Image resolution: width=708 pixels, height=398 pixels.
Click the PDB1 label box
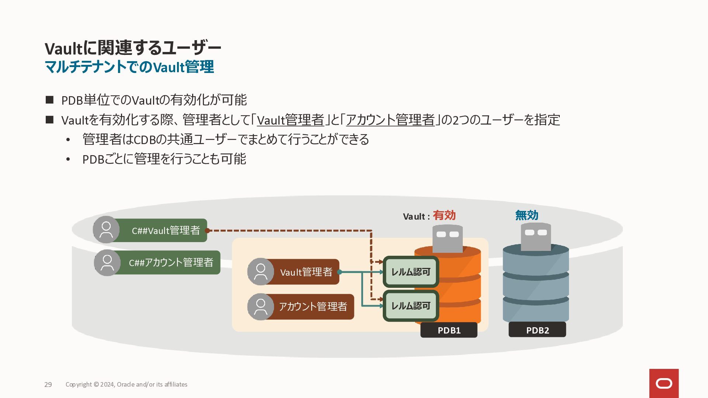(449, 330)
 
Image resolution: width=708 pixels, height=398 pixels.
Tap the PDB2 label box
(537, 329)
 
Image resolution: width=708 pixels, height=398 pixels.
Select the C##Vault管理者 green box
(162, 230)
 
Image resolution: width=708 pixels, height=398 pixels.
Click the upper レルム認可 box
(411, 272)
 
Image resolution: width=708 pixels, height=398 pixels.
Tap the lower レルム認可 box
(411, 306)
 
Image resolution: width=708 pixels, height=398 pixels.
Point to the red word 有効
(444, 215)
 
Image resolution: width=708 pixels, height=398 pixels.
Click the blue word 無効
(527, 215)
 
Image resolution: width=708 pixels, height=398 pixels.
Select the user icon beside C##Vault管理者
(106, 230)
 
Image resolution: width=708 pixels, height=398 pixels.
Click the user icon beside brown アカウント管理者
(261, 307)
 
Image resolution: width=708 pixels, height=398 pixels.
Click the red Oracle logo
(664, 383)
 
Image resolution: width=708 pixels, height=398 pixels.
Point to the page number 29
(48, 384)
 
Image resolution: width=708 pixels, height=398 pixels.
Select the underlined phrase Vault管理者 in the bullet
(291, 120)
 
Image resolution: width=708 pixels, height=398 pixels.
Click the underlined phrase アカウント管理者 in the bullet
(391, 120)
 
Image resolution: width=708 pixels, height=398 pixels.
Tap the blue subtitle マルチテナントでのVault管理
(129, 67)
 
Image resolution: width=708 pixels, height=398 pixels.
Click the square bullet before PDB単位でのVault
(49, 100)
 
